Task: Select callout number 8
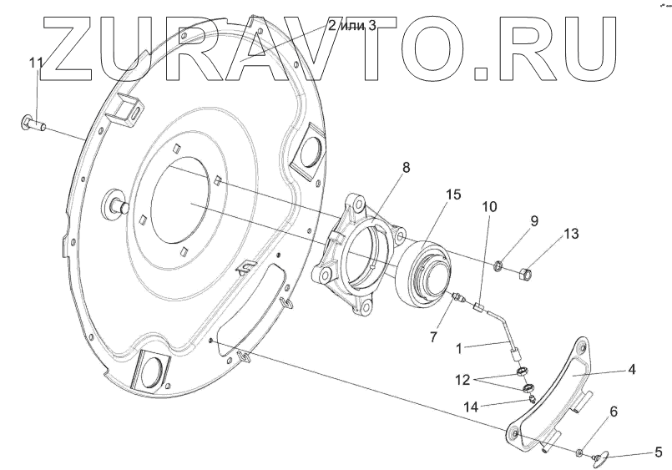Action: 406,167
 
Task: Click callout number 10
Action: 489,205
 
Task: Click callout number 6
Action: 614,412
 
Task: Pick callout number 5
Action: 658,453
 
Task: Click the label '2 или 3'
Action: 351,25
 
